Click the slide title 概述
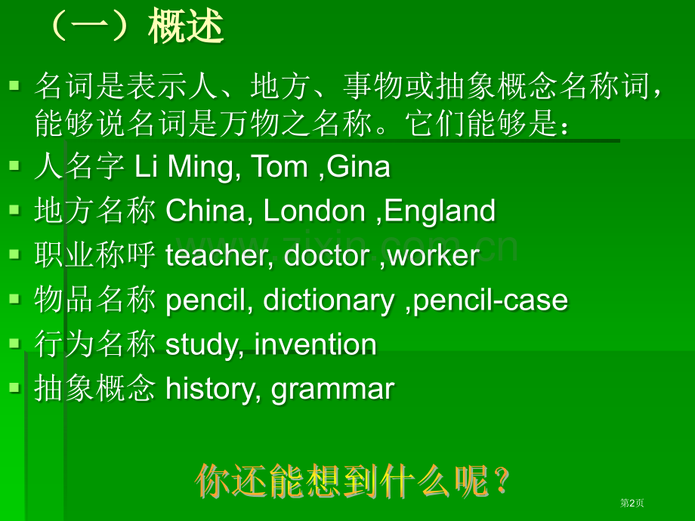[186, 28]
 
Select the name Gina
[359, 167]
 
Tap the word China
[205, 211]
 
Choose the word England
[440, 211]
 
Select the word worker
[433, 256]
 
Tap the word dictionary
[329, 301]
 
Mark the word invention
[316, 345]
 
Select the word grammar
[333, 390]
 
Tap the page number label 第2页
[632, 503]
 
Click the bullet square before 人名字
[14, 165]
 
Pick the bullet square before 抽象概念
[14, 387]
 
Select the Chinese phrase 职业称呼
[94, 256]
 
